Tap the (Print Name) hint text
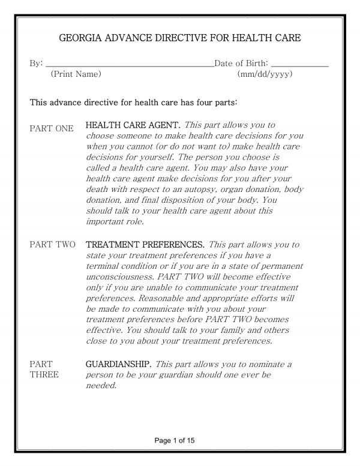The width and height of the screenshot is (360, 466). click(x=76, y=74)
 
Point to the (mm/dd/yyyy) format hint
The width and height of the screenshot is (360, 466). click(x=265, y=74)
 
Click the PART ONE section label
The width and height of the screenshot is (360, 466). click(x=52, y=128)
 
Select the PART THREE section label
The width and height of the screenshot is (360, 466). click(x=44, y=369)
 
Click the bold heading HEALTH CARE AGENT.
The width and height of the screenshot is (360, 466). click(x=133, y=125)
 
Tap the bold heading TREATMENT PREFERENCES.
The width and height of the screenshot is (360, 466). click(x=146, y=245)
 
